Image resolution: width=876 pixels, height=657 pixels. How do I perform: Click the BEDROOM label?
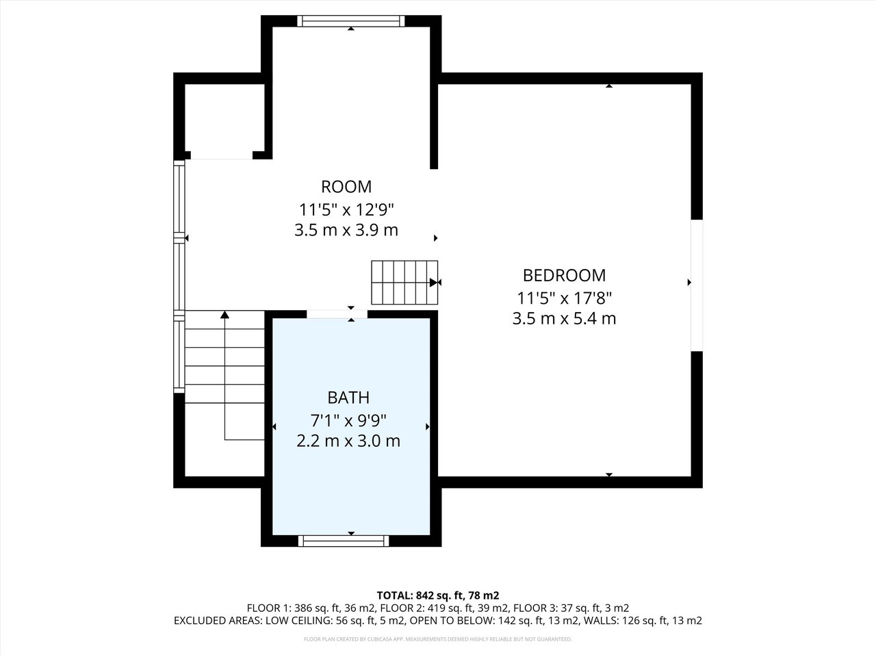pyautogui.click(x=564, y=275)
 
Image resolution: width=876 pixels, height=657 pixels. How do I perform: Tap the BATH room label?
pyautogui.click(x=348, y=398)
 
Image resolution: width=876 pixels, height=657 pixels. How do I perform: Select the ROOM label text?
pyautogui.click(x=346, y=186)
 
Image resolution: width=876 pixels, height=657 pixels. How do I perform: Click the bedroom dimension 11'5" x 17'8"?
pyautogui.click(x=564, y=298)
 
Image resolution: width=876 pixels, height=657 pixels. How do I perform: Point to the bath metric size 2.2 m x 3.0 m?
pyautogui.click(x=348, y=441)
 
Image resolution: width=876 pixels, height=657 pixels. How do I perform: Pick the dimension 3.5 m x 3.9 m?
pyautogui.click(x=346, y=230)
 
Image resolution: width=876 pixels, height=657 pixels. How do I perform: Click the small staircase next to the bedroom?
pyautogui.click(x=404, y=282)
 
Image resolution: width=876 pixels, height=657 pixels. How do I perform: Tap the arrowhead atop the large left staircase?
pyautogui.click(x=224, y=315)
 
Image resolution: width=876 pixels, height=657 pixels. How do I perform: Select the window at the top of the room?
pyautogui.click(x=350, y=21)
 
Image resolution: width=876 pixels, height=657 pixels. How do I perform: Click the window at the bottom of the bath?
pyautogui.click(x=344, y=541)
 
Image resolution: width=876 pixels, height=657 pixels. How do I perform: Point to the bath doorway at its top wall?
pyautogui.click(x=337, y=314)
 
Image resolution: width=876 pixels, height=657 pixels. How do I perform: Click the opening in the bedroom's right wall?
pyautogui.click(x=696, y=285)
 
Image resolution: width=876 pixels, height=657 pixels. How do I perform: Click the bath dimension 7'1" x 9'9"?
pyautogui.click(x=348, y=420)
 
